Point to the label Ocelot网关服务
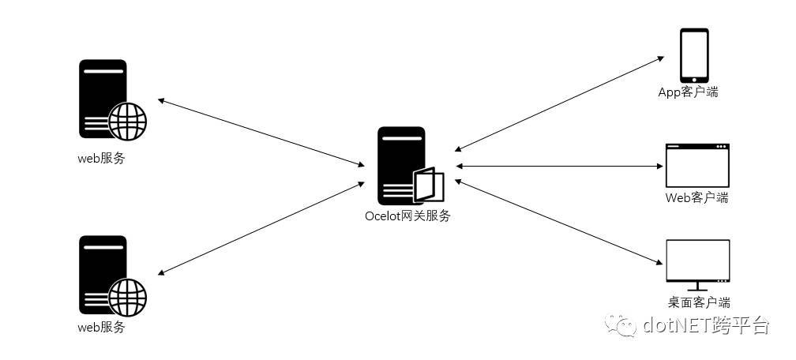(x=407, y=216)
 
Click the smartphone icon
(x=694, y=55)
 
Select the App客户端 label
(x=689, y=92)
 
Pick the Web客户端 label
(x=696, y=197)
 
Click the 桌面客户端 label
(x=698, y=302)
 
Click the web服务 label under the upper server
(x=100, y=158)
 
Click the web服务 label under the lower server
(x=100, y=327)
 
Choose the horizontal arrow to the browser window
(x=558, y=167)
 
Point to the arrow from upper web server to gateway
(x=261, y=133)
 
